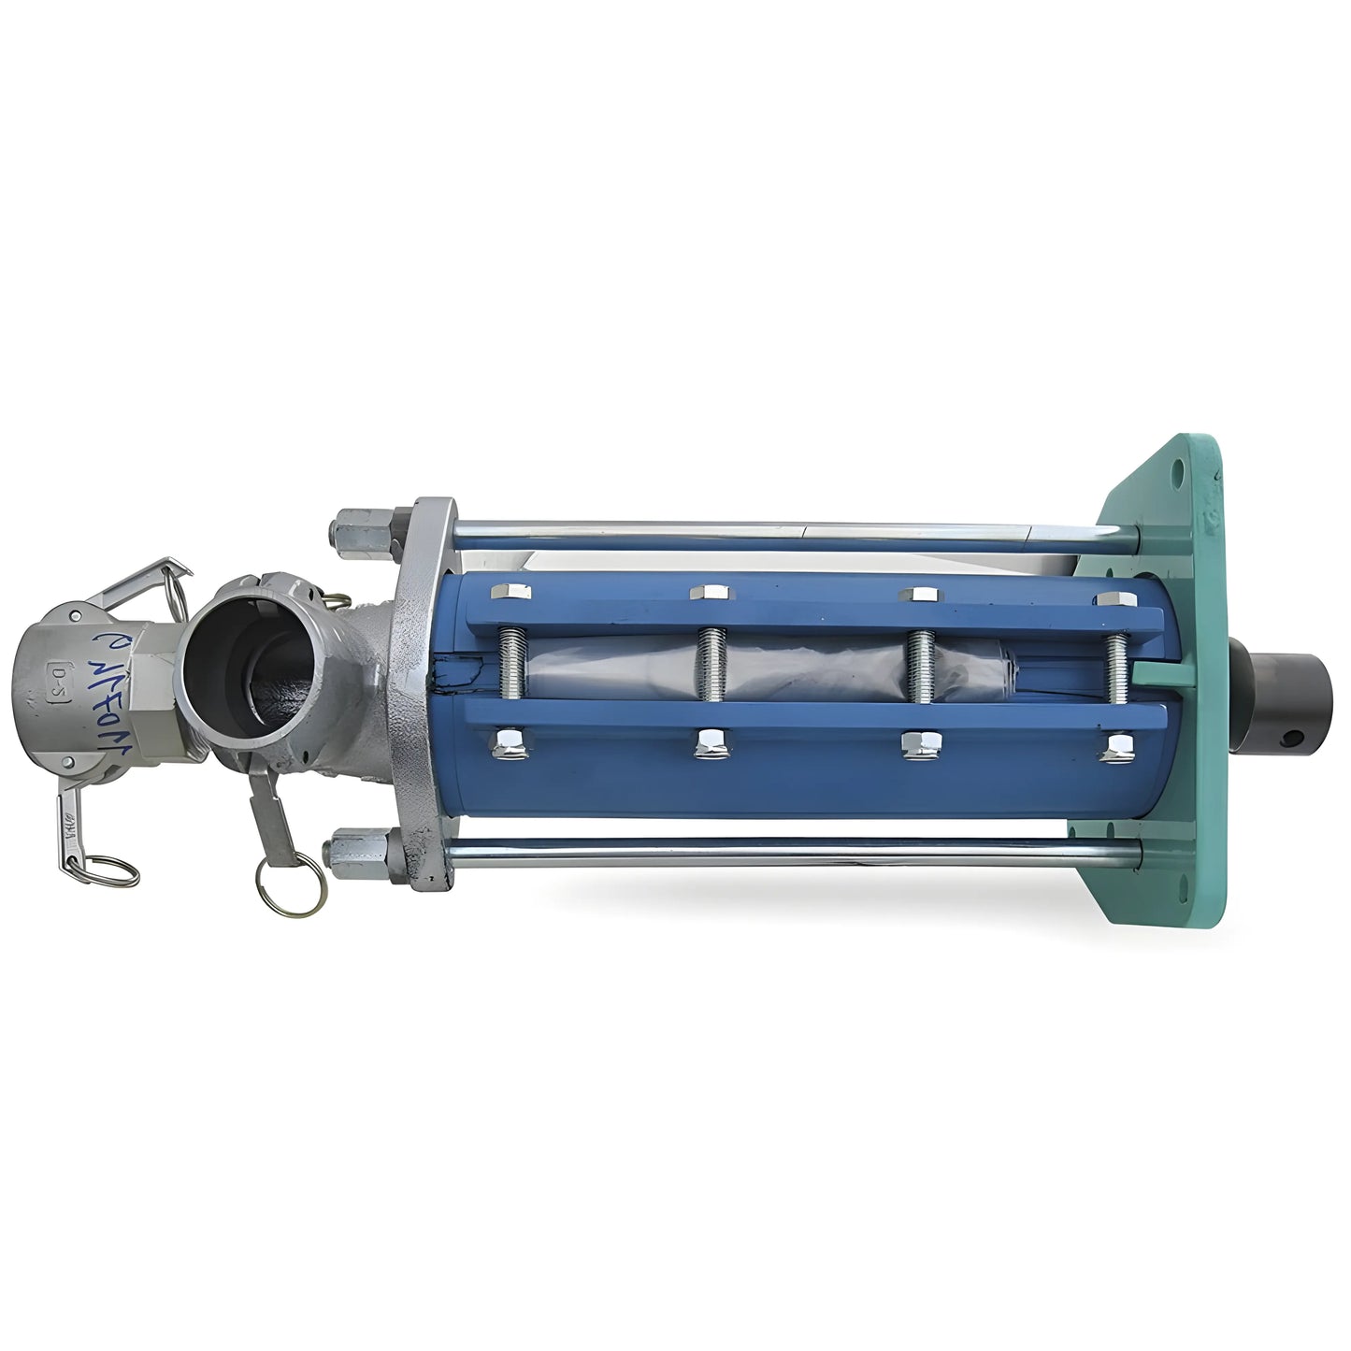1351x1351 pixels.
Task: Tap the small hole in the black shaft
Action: click(x=1293, y=738)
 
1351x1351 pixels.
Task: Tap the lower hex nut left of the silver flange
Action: click(x=356, y=851)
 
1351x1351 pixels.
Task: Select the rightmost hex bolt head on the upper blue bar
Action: click(x=1115, y=598)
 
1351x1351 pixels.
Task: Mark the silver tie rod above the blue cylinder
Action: click(x=795, y=531)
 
